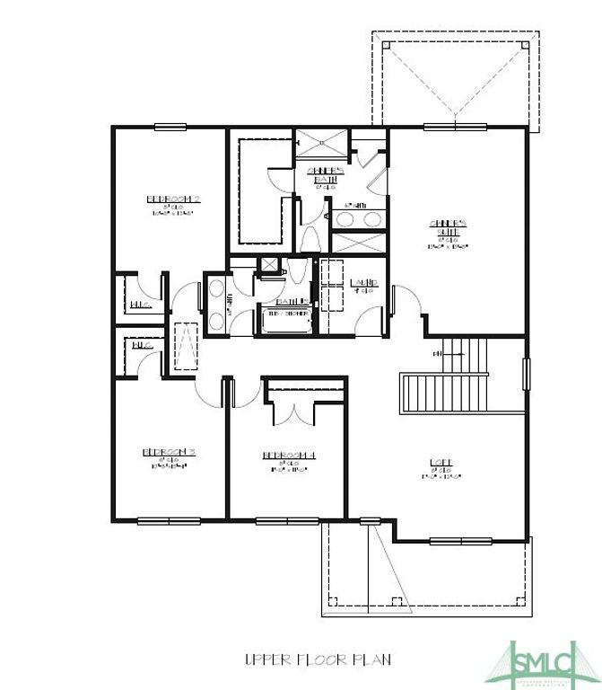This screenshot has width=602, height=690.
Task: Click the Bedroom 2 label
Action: [172, 199]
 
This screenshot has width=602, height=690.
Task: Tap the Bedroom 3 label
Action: [170, 451]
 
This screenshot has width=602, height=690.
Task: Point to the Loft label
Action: [441, 463]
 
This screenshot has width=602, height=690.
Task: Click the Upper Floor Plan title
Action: [318, 659]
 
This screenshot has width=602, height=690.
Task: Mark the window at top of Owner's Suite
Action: [449, 127]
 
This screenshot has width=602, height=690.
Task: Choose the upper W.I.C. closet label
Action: [139, 305]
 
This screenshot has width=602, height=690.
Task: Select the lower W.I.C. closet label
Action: [141, 345]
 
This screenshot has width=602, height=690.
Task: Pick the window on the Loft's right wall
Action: [527, 373]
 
